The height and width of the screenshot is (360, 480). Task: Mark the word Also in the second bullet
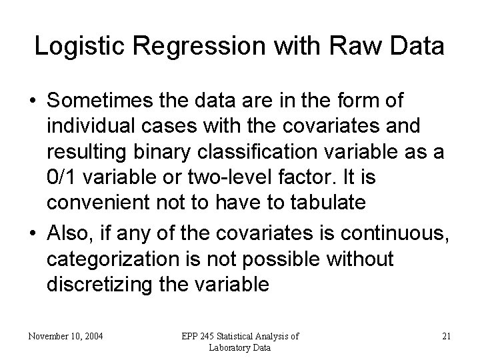coord(67,232)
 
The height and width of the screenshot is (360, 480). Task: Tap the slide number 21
coord(446,336)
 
